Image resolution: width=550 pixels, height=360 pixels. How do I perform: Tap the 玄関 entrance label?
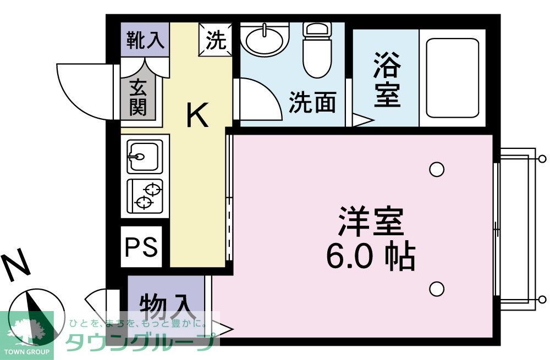tap(138, 98)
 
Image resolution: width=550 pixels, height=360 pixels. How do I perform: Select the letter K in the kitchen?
tap(197, 116)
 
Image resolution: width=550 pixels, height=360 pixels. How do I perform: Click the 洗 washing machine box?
tap(216, 40)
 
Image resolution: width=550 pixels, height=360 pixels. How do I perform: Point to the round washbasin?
tap(265, 40)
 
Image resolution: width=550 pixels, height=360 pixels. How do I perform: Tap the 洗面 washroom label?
tap(312, 102)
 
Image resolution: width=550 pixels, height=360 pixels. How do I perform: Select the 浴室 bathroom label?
tap(387, 81)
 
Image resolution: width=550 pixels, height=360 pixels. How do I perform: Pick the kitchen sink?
tap(144, 156)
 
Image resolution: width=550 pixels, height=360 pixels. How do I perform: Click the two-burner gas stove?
tap(145, 196)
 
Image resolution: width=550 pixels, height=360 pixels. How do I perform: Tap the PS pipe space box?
tap(141, 247)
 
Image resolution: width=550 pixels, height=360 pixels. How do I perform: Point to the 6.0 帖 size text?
tap(370, 256)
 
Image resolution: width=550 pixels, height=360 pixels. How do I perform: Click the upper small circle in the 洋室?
tap(437, 169)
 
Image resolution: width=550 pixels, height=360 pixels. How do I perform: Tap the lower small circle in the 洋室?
tap(437, 288)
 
